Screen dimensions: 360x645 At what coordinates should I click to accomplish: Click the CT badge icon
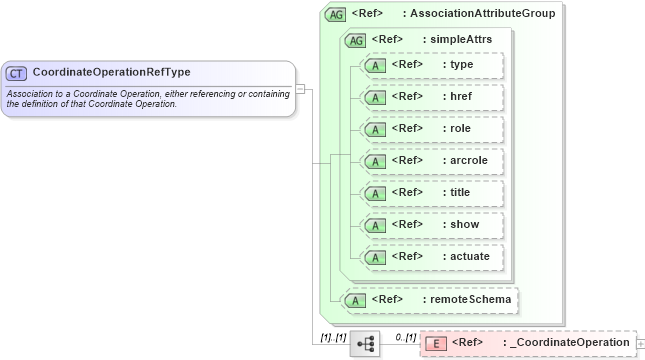tap(16, 73)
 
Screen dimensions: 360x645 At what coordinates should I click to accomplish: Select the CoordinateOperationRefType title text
tap(111, 72)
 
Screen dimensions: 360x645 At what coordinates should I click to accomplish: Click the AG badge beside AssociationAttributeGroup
tap(336, 14)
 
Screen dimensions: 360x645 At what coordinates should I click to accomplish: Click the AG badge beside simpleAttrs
tap(355, 40)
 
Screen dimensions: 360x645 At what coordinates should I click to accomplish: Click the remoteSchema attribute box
tap(431, 298)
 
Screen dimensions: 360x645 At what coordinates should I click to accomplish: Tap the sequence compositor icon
tap(365, 344)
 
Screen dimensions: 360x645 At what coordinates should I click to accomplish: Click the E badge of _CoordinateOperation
tap(436, 344)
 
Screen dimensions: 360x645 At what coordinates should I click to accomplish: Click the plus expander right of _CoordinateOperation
tap(640, 344)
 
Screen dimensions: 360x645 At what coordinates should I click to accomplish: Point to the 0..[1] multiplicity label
tap(405, 337)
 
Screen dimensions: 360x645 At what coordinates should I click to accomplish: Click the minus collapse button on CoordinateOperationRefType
tap(300, 88)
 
